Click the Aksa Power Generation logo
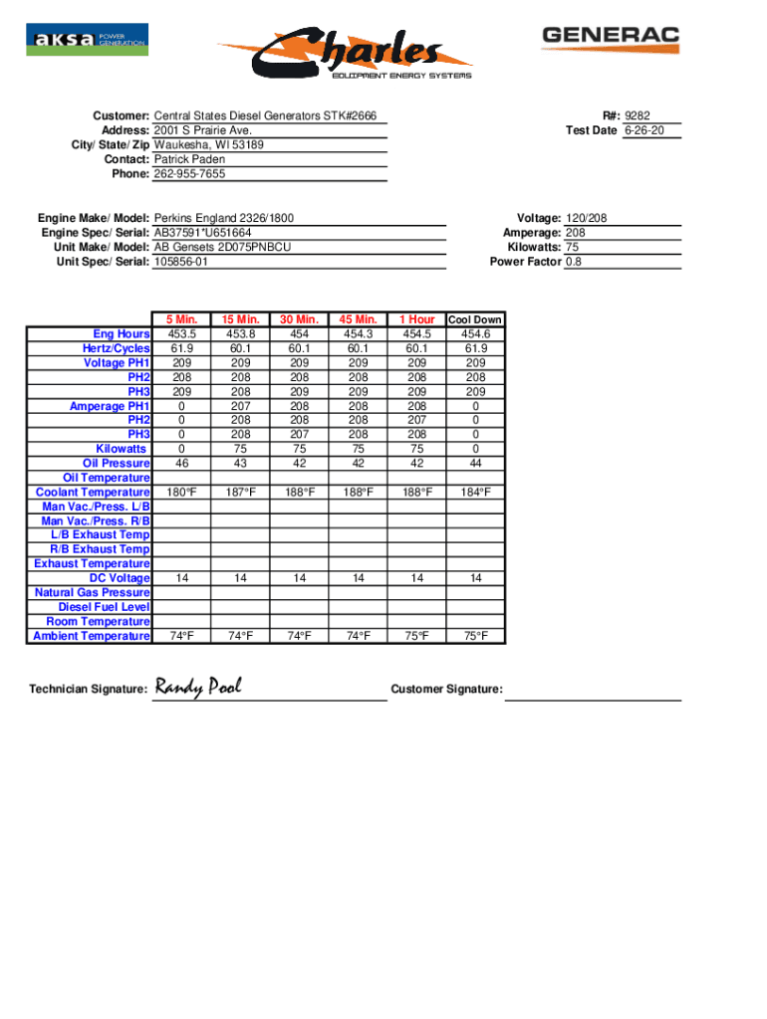[x=87, y=40]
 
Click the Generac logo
[x=610, y=39]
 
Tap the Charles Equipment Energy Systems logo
[x=345, y=54]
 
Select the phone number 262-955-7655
[x=189, y=174]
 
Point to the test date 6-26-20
[x=641, y=131]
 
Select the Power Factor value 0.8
[x=574, y=263]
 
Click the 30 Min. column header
[x=299, y=319]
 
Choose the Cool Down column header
[x=475, y=320]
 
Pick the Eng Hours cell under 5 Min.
[x=182, y=334]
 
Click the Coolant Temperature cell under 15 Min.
[x=240, y=493]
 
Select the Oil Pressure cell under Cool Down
[x=475, y=464]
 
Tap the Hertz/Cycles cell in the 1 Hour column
[x=416, y=349]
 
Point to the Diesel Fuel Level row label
[x=105, y=607]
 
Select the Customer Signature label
[x=446, y=690]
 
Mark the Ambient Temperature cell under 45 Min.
[x=358, y=636]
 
